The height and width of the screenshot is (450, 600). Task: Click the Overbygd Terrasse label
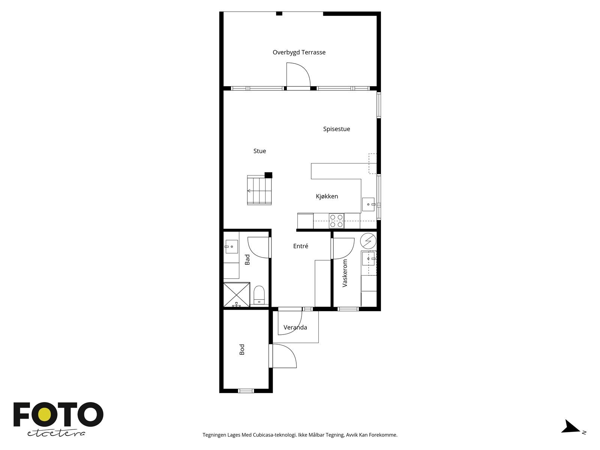coord(299,52)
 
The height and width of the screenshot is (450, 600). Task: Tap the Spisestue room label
coord(336,129)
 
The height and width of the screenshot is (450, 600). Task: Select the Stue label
coord(259,151)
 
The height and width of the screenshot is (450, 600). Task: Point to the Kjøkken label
coord(327,196)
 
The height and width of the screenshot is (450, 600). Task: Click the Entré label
coord(301,246)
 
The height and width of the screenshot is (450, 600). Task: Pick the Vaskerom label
coord(345,273)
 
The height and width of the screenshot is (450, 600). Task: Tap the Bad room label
coord(247,259)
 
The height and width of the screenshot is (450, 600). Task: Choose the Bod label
coord(242,349)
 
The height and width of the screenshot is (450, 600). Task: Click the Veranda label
coord(295,327)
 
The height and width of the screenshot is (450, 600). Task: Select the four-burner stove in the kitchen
coord(336,221)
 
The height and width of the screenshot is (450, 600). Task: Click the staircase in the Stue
coord(259,190)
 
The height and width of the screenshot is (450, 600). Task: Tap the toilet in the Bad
coord(259,295)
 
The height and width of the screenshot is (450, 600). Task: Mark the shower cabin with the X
coord(237,294)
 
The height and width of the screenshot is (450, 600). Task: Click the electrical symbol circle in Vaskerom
coord(368,241)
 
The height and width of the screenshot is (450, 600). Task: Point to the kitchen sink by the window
coord(369,204)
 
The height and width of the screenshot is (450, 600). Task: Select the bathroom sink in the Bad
coord(231,246)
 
